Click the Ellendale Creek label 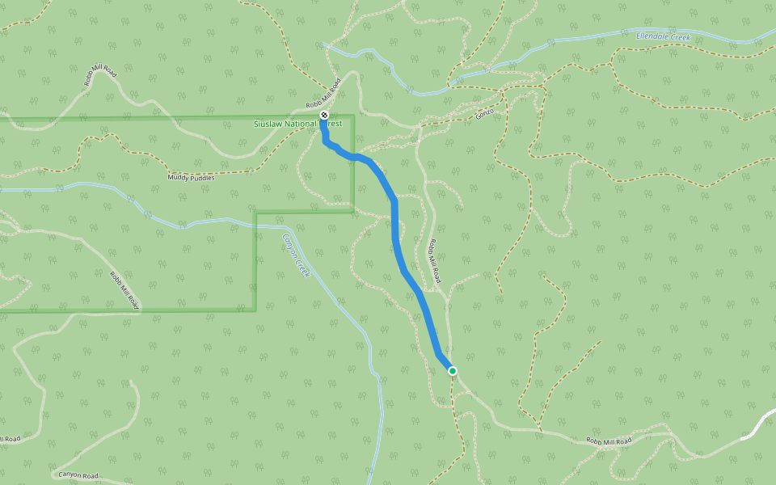click(663, 36)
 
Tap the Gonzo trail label click(484, 114)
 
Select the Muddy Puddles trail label click(191, 176)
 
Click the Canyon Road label click(78, 475)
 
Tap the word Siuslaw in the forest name click(270, 124)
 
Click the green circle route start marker click(453, 371)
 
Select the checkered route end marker click(324, 116)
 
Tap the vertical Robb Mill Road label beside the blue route click(435, 259)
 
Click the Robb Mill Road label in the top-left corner click(100, 77)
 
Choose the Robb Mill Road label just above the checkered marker click(324, 95)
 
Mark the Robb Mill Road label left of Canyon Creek click(124, 290)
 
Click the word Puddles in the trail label click(202, 176)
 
